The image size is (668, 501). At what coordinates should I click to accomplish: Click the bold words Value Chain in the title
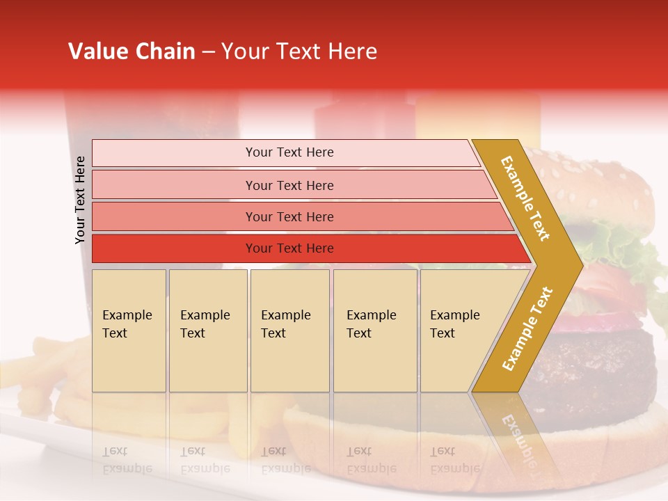point(132,51)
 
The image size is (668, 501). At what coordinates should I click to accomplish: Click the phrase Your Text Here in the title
point(299,51)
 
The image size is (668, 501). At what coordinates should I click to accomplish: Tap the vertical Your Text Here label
point(80,200)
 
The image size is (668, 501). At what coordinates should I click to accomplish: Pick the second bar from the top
point(289,185)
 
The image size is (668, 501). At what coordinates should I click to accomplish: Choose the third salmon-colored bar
point(289,216)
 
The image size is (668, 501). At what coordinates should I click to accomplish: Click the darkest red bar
point(289,248)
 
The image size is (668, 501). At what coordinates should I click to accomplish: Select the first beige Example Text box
point(129,331)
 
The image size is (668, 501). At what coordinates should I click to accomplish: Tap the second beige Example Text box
point(207,331)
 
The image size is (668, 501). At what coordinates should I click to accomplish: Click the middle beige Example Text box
point(289,331)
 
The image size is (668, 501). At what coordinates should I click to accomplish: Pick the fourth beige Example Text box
point(374,331)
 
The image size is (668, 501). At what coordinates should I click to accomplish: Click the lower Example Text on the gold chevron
point(527,328)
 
